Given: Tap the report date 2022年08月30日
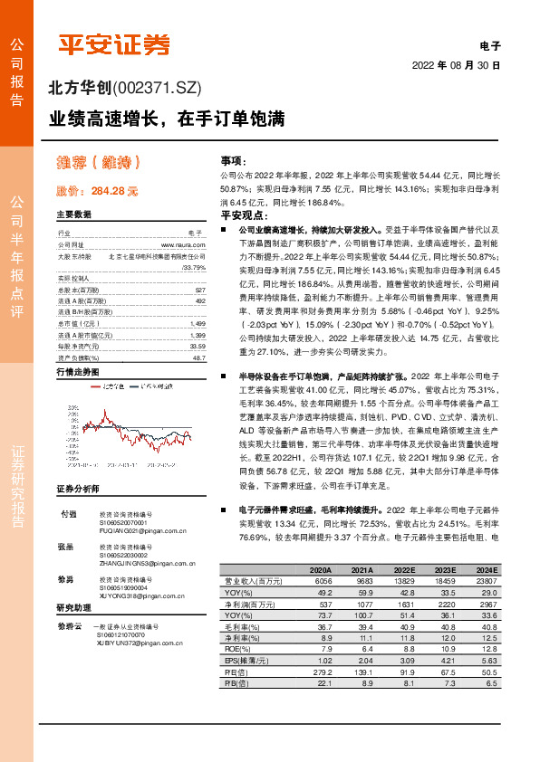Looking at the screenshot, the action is [x=457, y=66].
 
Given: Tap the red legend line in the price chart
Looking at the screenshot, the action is [x=99, y=386].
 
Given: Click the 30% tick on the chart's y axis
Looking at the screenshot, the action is [x=72, y=408].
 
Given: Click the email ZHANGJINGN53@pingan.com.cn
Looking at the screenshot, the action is [x=148, y=563].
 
